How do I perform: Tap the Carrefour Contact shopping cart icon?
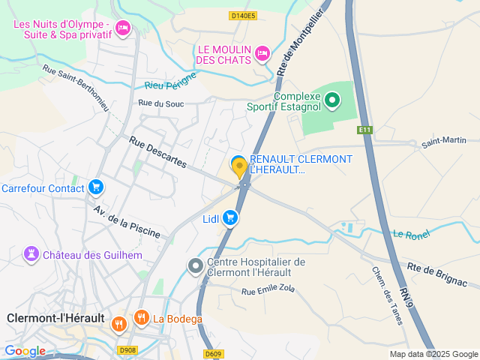tap(95, 187)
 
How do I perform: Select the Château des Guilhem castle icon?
tap(31, 254)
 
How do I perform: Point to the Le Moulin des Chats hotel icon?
tap(262, 53)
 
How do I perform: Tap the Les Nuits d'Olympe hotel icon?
tap(122, 29)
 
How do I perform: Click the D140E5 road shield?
tap(243, 15)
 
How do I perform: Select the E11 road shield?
tap(365, 130)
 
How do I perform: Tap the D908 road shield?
tap(127, 349)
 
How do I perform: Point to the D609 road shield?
tap(214, 354)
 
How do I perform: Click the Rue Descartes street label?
tap(157, 151)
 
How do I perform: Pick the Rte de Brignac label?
tap(437, 275)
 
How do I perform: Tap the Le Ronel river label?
tap(410, 235)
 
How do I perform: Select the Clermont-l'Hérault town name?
tap(55, 318)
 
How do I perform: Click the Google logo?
tap(25, 350)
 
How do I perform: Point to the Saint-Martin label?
tap(443, 140)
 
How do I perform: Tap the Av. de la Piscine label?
tap(127, 221)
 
